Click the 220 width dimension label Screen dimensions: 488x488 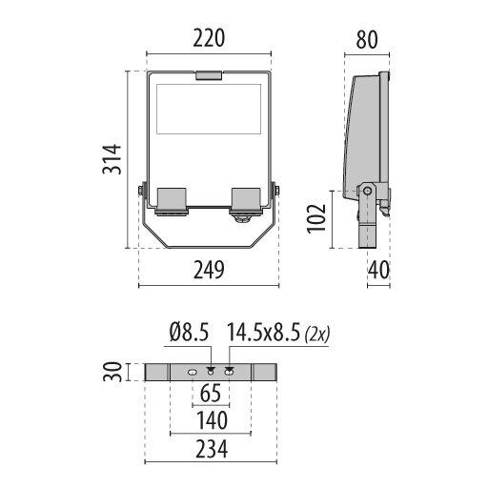coord(209,38)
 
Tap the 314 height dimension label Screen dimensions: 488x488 coord(112,159)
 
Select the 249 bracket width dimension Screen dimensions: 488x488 coord(209,270)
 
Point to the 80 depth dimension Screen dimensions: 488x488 coord(367,40)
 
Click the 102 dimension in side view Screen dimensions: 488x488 coord(316,219)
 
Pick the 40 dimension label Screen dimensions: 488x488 coord(378,270)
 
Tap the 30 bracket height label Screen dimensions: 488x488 coord(112,372)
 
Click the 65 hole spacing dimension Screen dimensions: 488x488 coord(211,394)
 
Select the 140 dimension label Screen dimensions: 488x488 coord(212,420)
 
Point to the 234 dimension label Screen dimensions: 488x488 coord(212,449)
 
